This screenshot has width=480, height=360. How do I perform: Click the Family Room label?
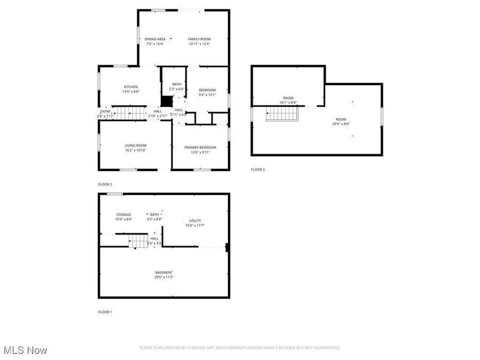click(199, 39)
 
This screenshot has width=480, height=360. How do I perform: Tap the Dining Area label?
click(155, 39)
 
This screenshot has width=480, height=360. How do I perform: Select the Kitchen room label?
click(131, 86)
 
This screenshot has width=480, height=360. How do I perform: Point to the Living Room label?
click(136, 145)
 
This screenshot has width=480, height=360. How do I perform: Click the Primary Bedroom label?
click(200, 147)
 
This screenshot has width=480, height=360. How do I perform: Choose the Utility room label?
click(195, 221)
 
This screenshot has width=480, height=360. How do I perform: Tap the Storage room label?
click(124, 214)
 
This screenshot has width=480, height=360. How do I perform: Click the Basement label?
click(164, 272)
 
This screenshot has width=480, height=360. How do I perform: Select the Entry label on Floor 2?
click(106, 111)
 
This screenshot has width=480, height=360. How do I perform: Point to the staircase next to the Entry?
click(130, 112)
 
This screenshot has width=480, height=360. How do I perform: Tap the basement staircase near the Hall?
click(139, 241)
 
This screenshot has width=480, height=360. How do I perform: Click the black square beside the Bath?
click(167, 101)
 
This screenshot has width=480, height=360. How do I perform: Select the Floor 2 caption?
click(105, 184)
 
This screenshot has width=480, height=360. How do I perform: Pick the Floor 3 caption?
click(257, 170)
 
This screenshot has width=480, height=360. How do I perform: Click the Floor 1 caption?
click(105, 312)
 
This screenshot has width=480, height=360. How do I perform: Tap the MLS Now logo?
click(25, 349)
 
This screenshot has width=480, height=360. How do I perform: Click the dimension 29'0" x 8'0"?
click(341, 124)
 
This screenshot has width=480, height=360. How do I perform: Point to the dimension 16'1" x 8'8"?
click(289, 103)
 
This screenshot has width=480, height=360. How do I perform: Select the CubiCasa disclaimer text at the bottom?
click(240, 347)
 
